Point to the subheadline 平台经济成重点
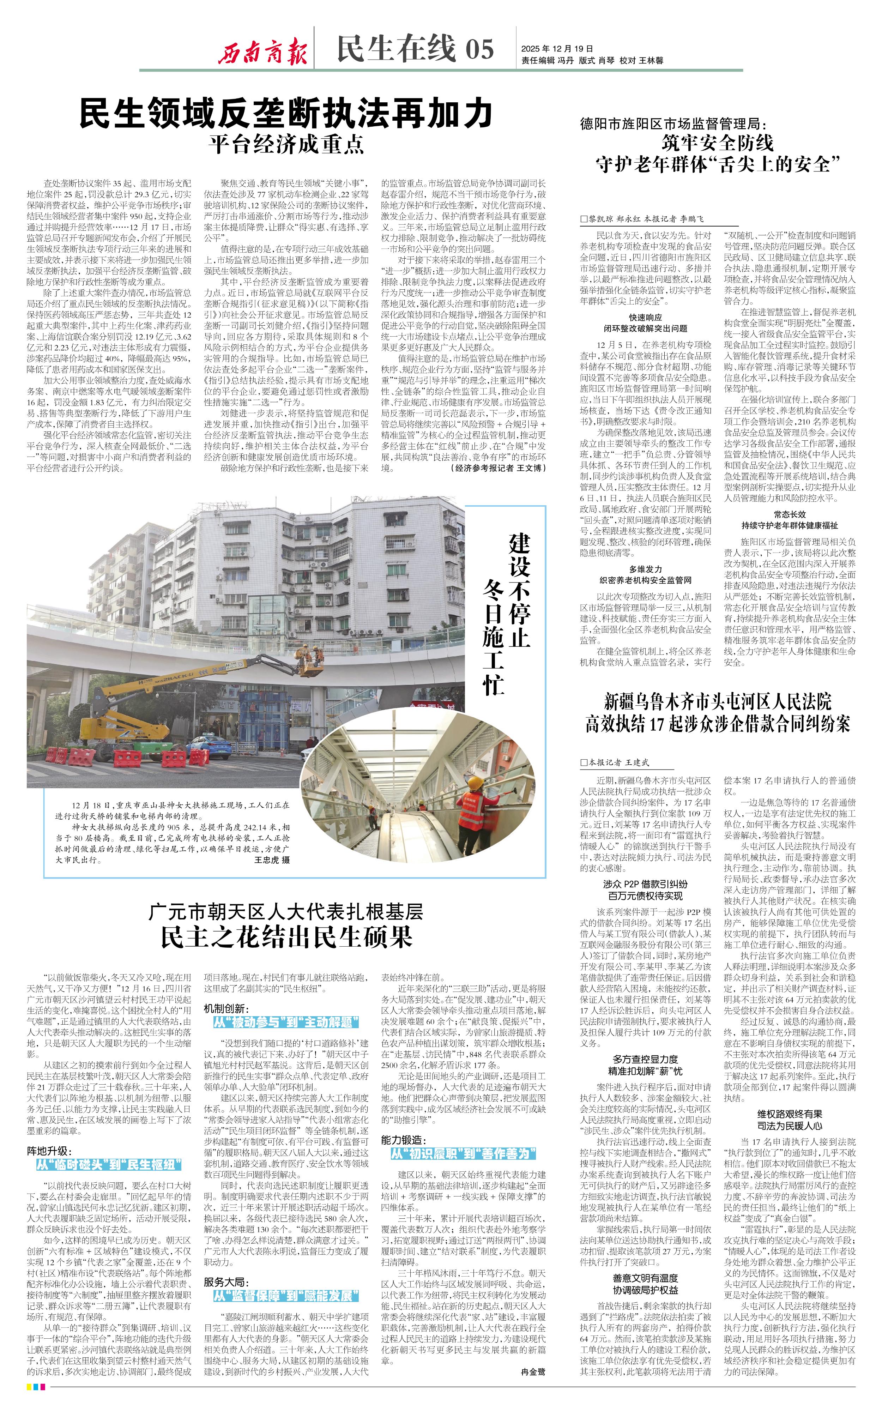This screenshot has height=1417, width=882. pyautogui.click(x=286, y=144)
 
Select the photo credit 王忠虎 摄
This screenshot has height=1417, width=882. pyautogui.click(x=272, y=860)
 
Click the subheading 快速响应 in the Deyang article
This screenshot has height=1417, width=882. pyautogui.click(x=645, y=317)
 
